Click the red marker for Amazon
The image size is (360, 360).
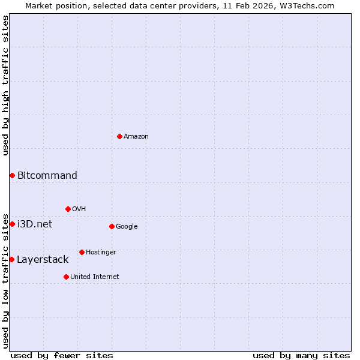click(x=120, y=136)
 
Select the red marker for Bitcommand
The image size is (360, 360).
click(x=12, y=175)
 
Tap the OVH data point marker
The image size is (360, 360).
click(x=68, y=209)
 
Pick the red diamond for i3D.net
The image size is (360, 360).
click(x=12, y=224)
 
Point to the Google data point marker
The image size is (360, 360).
click(x=112, y=226)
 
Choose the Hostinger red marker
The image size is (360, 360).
click(x=82, y=252)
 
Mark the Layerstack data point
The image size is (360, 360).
click(x=11, y=259)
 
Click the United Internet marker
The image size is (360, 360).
click(x=66, y=277)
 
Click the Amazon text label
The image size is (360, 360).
click(x=136, y=137)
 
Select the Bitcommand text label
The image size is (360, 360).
click(x=47, y=175)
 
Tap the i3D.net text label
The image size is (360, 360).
click(x=35, y=224)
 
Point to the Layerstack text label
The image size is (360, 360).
click(x=43, y=259)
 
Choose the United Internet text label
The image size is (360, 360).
click(x=95, y=277)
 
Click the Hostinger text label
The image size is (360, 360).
click(x=101, y=252)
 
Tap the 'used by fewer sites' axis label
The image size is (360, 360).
click(x=62, y=355)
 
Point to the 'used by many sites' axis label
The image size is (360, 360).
click(x=301, y=355)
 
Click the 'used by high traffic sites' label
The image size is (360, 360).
click(x=5, y=85)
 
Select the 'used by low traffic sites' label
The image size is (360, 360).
click(x=5, y=280)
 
